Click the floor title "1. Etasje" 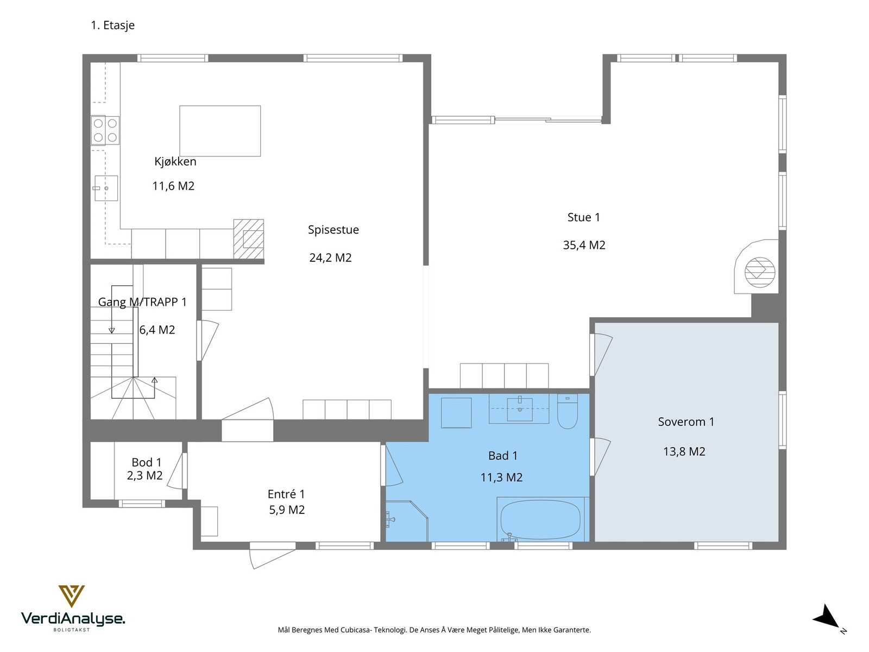tap(113, 26)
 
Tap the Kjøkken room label tap(175, 161)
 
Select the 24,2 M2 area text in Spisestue tap(331, 258)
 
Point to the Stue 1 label tap(584, 217)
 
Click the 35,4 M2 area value tap(584, 245)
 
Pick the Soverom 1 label tap(686, 422)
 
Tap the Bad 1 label tap(503, 456)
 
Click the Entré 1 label tap(286, 494)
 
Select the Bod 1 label tap(147, 462)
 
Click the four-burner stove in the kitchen tap(105, 130)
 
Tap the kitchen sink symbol tap(106, 188)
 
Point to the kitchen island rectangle tap(220, 130)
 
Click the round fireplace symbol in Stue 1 tap(760, 272)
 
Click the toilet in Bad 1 tap(568, 412)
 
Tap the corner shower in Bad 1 tap(407, 521)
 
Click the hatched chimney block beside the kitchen tap(249, 239)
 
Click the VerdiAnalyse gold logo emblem tap(72, 596)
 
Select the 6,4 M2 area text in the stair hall tap(157, 330)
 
